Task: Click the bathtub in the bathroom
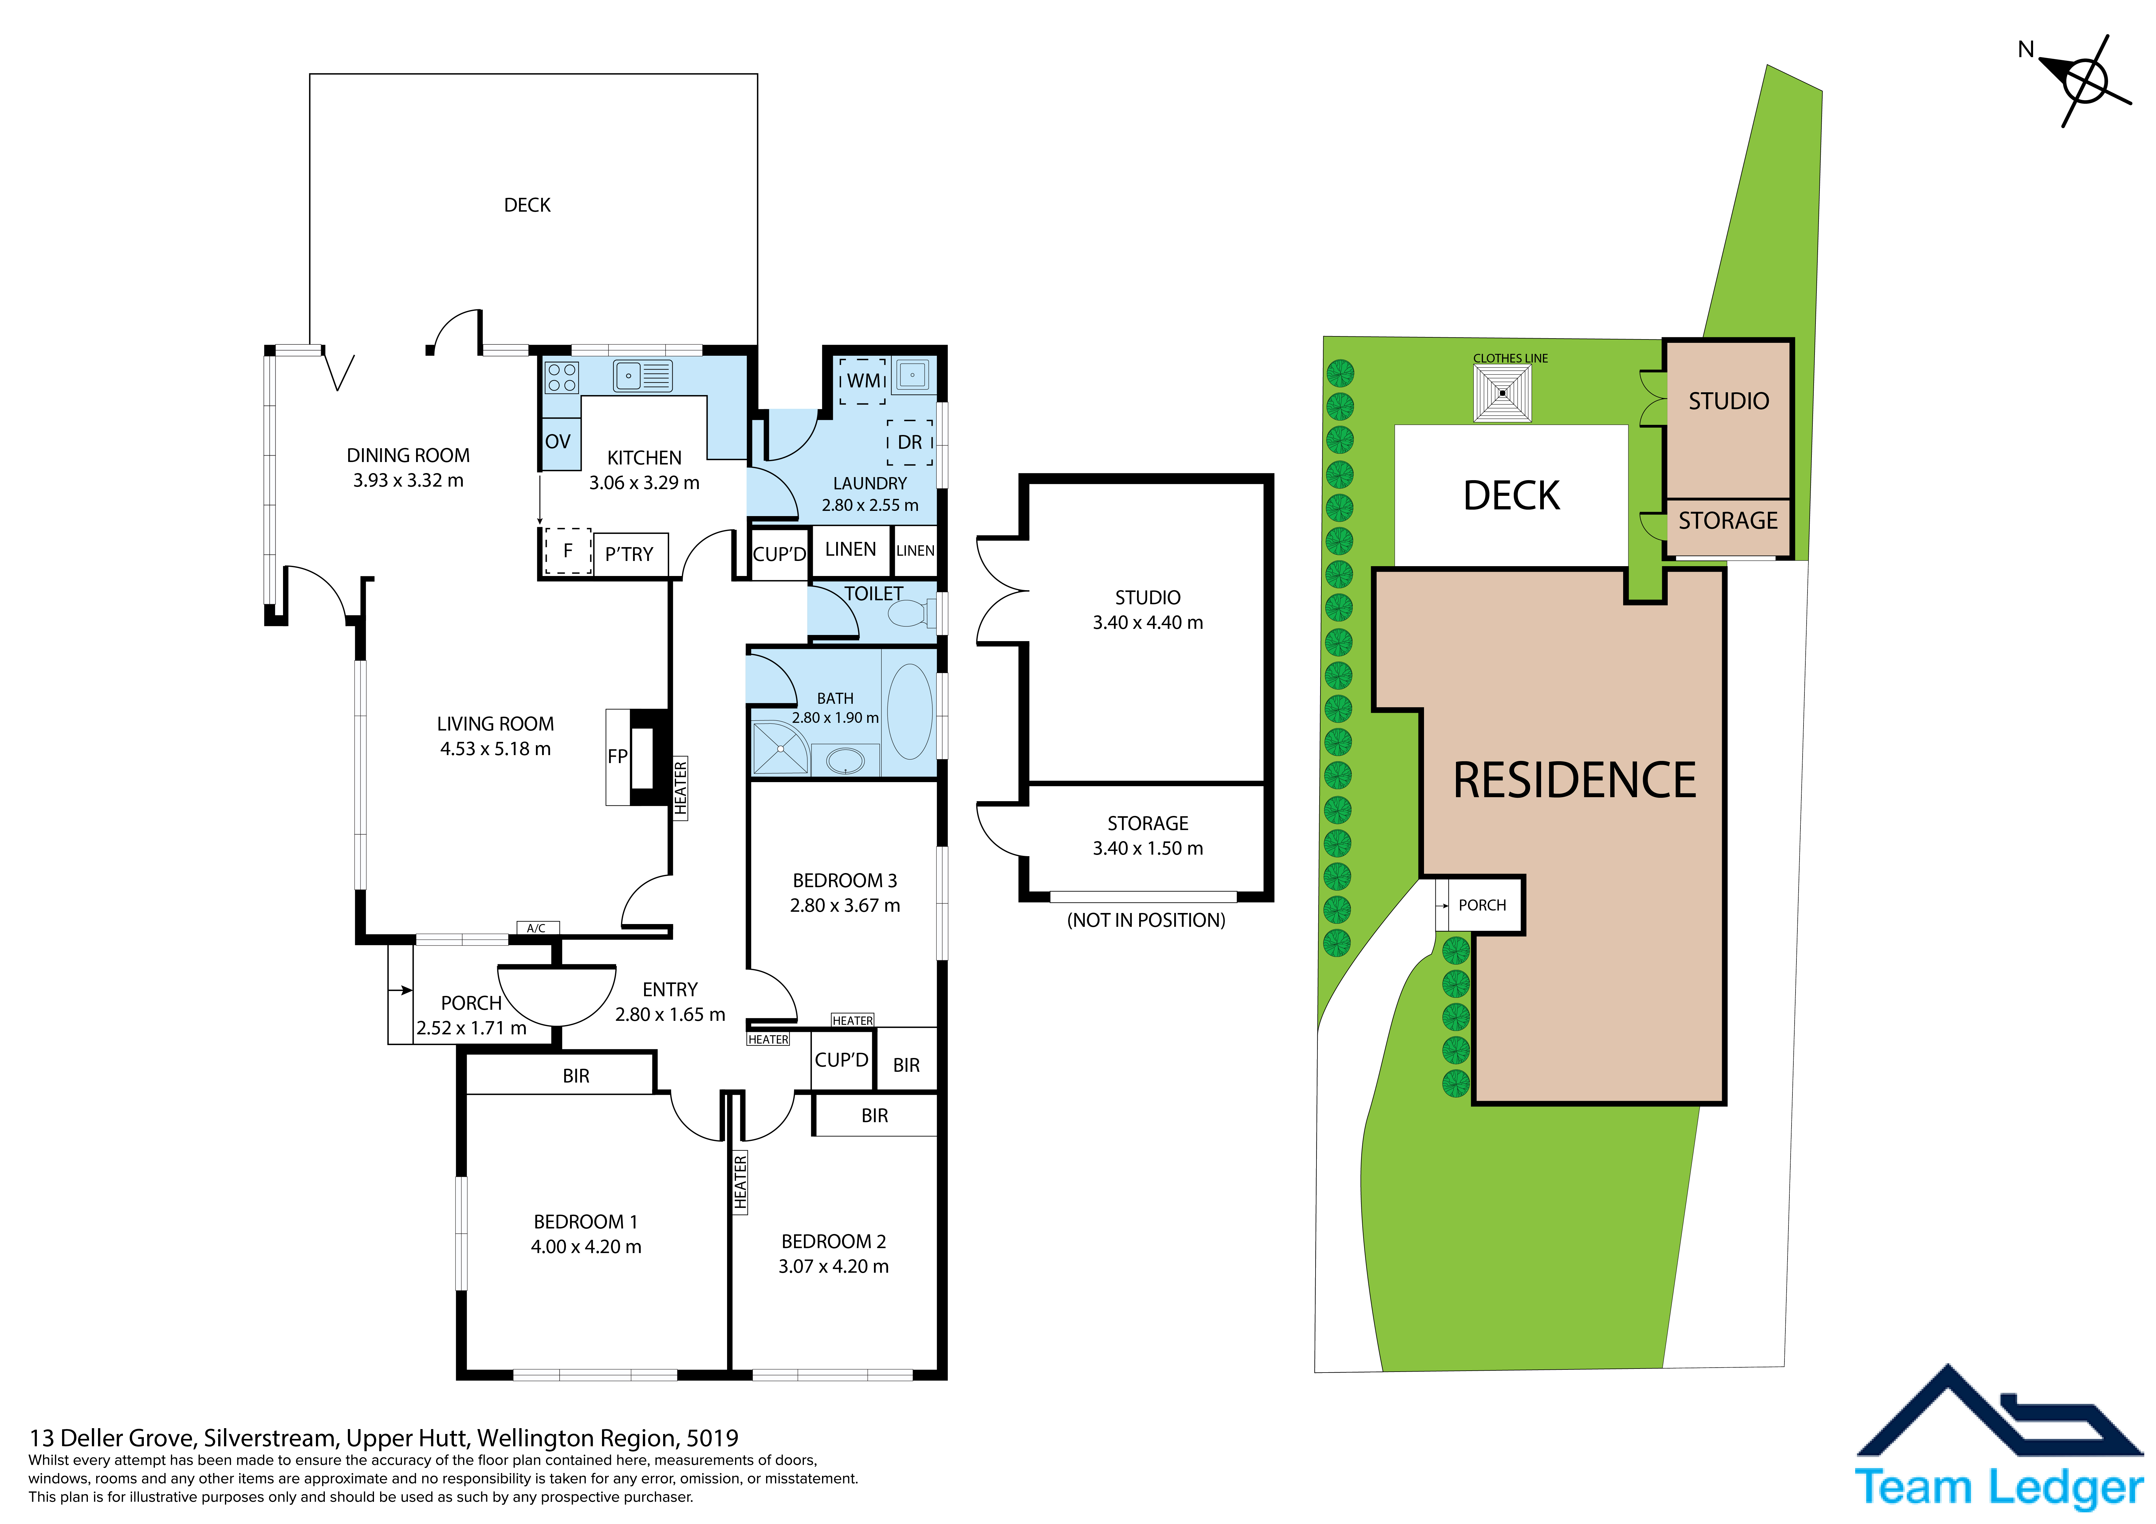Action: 909,711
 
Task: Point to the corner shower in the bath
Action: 779,747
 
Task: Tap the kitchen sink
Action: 642,376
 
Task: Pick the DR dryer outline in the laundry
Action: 910,442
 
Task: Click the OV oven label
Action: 558,441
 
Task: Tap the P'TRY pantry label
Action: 629,554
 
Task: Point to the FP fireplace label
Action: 617,756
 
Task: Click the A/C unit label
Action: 536,928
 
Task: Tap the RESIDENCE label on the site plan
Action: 1575,780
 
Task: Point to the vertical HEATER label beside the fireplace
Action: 681,788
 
